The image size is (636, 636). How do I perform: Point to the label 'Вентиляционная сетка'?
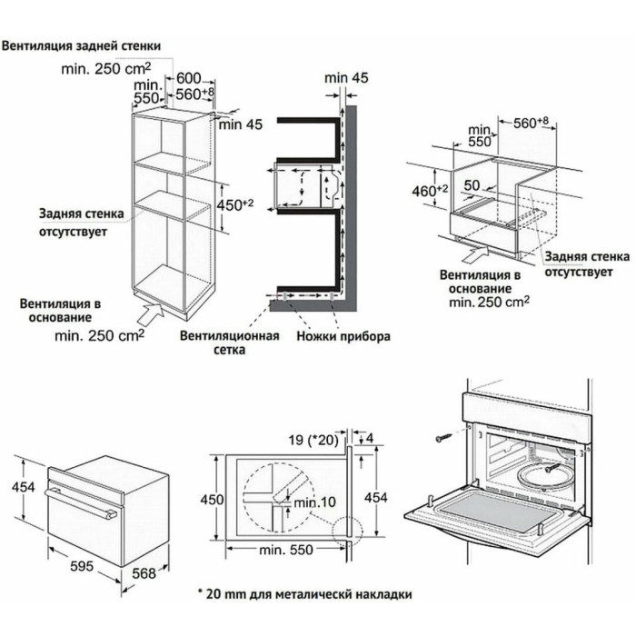click(x=217, y=343)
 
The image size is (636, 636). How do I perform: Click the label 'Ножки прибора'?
click(x=343, y=336)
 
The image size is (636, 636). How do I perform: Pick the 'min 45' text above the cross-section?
click(x=346, y=79)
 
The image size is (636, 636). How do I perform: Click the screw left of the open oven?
click(x=442, y=438)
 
